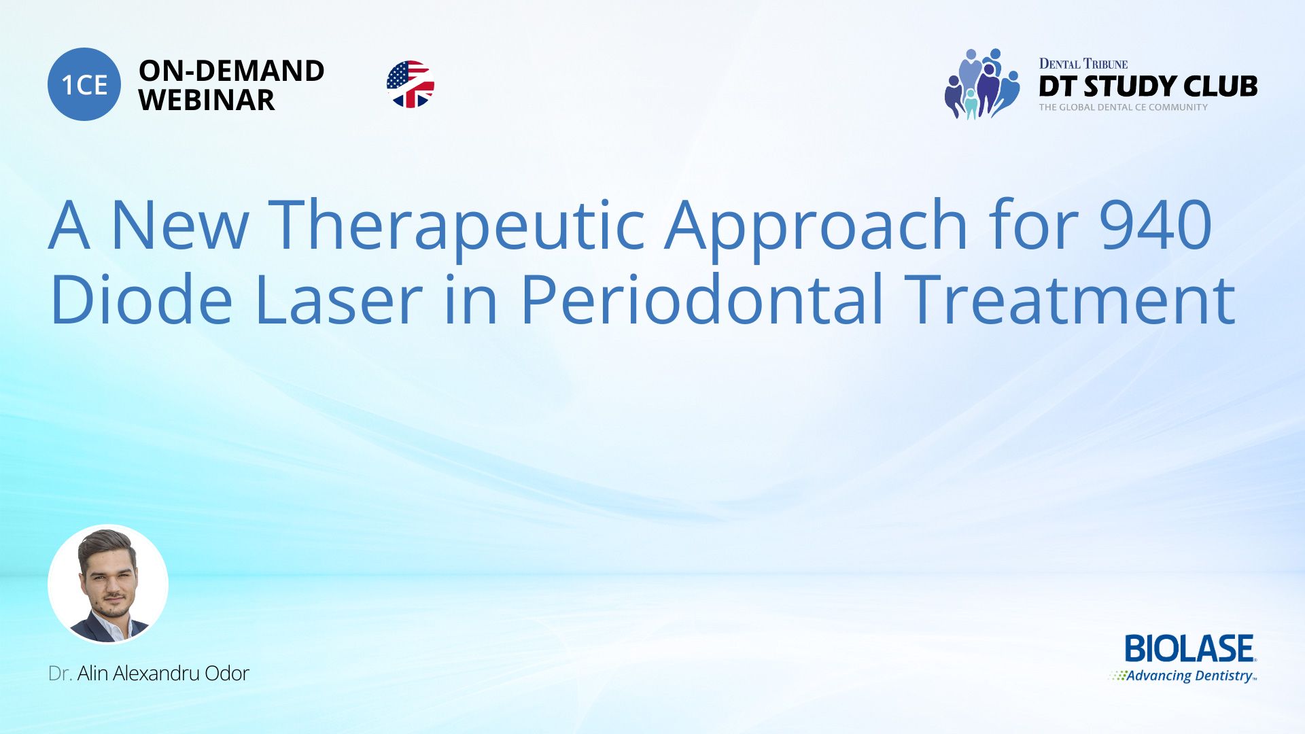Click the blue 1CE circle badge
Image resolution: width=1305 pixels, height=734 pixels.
tap(84, 84)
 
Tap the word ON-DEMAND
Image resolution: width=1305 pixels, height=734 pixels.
tap(231, 71)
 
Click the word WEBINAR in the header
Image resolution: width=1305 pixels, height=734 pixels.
tap(207, 101)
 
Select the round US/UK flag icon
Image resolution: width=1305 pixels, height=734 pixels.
tap(410, 84)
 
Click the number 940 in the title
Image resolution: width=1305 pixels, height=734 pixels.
tap(1155, 224)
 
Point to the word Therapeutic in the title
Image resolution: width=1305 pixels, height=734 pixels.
tap(457, 224)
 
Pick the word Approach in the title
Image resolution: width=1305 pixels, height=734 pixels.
tap(816, 224)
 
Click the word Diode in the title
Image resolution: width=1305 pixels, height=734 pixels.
tap(141, 299)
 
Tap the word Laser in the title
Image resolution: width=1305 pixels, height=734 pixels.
tap(338, 299)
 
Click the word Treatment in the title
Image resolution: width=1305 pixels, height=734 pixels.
tap(1072, 299)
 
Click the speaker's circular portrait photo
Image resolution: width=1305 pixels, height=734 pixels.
tap(108, 584)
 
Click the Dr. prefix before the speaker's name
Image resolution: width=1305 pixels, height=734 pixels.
tap(60, 674)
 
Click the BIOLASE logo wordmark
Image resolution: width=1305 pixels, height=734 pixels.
tap(1189, 649)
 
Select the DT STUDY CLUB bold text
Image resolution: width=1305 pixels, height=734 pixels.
tap(1148, 86)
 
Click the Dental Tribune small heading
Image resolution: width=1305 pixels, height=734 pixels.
tap(1083, 64)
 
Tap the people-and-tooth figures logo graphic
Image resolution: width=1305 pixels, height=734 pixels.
tap(981, 84)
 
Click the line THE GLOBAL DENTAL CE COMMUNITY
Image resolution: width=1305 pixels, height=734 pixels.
tap(1123, 107)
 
